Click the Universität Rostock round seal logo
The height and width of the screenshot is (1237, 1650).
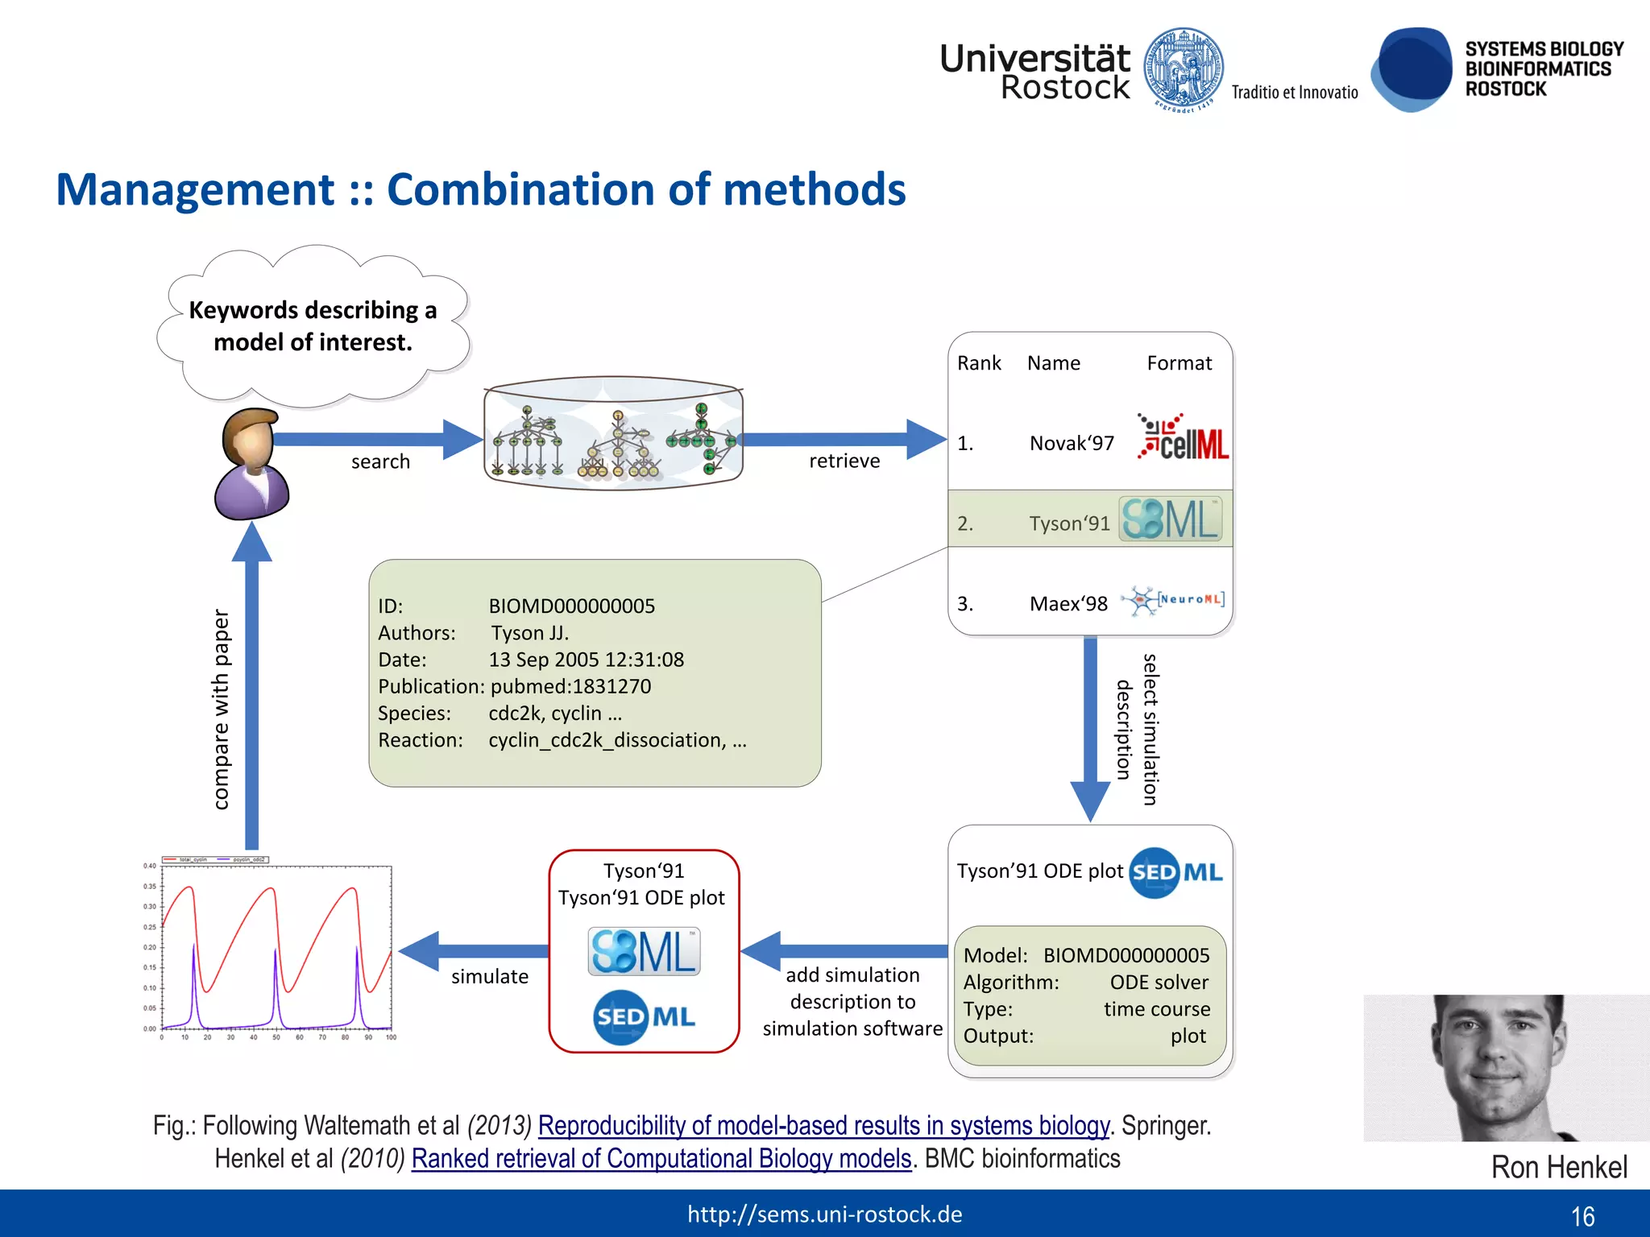coord(1183,68)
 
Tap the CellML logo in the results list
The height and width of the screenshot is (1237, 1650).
coord(1183,437)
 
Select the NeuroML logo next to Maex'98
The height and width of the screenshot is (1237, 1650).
coord(1174,601)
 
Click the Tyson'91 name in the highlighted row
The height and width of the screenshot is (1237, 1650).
coord(1069,523)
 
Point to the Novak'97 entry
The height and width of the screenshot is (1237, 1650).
coord(1072,444)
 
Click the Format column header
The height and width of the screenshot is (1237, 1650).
coord(1179,363)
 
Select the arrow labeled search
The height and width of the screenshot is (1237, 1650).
coord(379,439)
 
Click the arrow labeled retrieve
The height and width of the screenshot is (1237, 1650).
coord(842,439)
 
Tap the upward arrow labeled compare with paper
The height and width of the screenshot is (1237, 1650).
coord(251,685)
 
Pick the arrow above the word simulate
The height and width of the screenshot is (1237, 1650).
coord(475,951)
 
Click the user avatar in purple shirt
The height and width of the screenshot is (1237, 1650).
coord(251,465)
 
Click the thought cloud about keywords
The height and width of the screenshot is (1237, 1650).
coord(313,326)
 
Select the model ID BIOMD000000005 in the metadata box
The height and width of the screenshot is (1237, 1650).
coord(571,606)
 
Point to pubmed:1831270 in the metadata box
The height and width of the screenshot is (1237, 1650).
coord(570,686)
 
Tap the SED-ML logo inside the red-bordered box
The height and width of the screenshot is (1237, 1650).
coord(644,1017)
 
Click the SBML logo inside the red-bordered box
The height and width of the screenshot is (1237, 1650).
coord(644,951)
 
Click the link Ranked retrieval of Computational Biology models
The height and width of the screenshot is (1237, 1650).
coord(661,1158)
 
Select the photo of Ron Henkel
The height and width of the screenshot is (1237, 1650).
coord(1505,1067)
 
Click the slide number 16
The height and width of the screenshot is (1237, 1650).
coord(1582,1216)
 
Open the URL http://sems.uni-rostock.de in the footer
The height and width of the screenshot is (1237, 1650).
coord(824,1214)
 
